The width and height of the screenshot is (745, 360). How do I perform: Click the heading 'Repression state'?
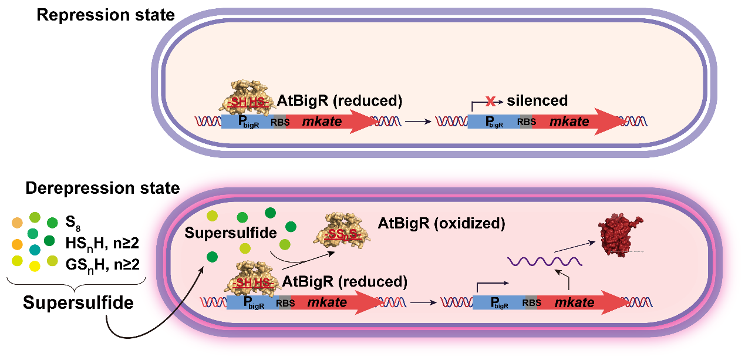click(x=106, y=15)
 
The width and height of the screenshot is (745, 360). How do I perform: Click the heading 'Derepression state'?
click(x=102, y=189)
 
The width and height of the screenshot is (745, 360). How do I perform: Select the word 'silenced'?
click(x=537, y=101)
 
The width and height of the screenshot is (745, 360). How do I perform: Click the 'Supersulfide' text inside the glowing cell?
click(x=230, y=233)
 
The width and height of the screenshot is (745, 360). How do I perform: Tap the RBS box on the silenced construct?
click(x=524, y=122)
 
